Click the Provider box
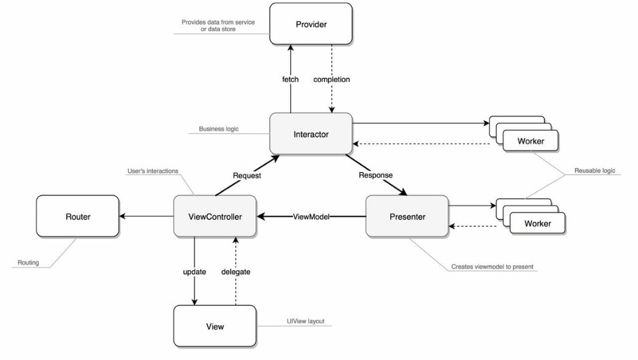pos(311,24)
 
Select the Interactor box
pos(311,134)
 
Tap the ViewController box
pos(215,216)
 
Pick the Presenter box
pos(407,216)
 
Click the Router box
pos(78,216)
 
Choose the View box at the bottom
pos(215,326)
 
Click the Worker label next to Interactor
pos(531,141)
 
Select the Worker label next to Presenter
pos(537,223)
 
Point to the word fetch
pos(291,79)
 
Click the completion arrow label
pos(332,79)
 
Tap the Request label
pos(247,175)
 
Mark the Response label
pos(376,175)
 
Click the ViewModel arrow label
pos(311,217)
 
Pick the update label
pos(195,271)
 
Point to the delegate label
pos(235,271)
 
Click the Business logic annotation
pos(219,129)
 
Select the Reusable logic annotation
pos(595,170)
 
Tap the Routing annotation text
pos(28,263)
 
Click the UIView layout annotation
pos(306,321)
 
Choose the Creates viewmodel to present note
pos(492,267)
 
